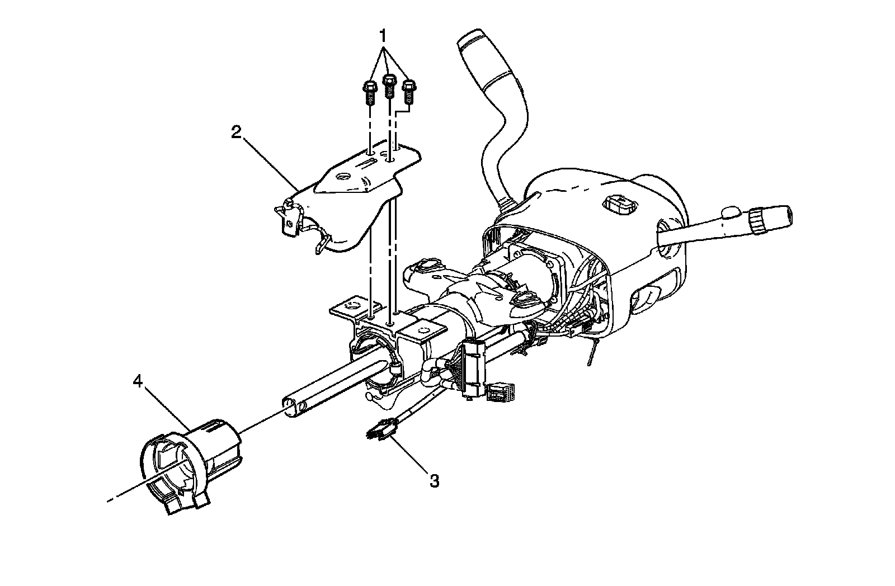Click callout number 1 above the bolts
[x=383, y=36]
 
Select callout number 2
[x=237, y=131]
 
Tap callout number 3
[x=434, y=480]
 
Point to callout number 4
[x=138, y=382]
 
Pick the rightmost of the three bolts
[x=409, y=92]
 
